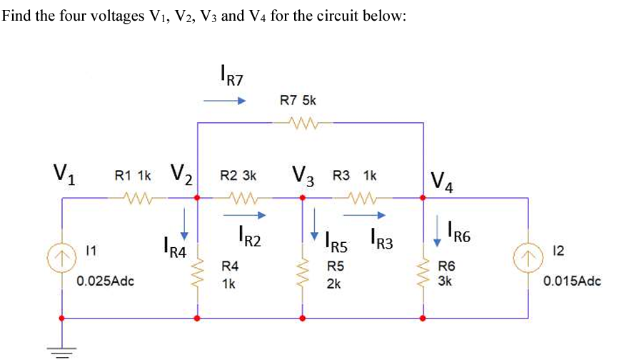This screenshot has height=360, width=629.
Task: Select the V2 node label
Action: [x=182, y=174]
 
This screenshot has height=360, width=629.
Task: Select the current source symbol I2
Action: [x=528, y=253]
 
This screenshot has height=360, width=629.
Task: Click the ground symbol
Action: [x=62, y=349]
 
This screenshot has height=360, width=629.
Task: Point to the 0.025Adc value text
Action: [x=106, y=281]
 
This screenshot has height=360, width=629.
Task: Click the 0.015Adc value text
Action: [x=572, y=281]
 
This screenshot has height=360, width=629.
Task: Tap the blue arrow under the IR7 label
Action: [x=224, y=101]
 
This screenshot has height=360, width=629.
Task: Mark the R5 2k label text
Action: [x=336, y=274]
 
